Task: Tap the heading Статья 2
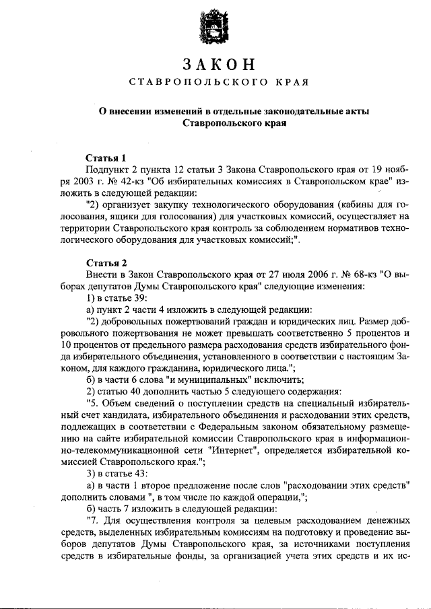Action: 106,262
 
